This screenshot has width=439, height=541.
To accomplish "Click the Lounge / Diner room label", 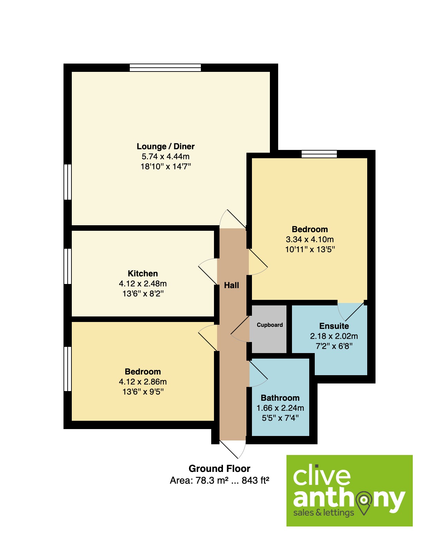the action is pos(165,146).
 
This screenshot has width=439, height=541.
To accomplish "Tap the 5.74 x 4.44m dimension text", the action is pos(165,156).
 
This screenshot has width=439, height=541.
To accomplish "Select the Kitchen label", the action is pos(143,273).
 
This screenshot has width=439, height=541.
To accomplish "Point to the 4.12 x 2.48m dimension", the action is pos(143,283).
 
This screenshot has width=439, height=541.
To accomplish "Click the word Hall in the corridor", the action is pos(232,285).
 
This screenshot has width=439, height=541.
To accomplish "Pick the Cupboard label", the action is pos(270,325).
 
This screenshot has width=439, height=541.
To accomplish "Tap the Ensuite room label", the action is pos(334,326).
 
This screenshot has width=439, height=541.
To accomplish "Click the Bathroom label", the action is pos(280,398).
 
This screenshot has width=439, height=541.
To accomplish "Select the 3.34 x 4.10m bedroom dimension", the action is pos(310,239).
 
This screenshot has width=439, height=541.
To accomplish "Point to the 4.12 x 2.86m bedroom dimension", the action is pos(143,382).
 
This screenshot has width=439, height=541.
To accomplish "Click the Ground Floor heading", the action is pos(219,468).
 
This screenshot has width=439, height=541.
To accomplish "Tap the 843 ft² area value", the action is pos(255,480).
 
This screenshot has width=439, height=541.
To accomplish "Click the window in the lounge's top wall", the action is pos(165,68).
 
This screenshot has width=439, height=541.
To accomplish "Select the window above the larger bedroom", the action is pos(319,154).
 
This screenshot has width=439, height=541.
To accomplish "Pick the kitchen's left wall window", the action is pos(68,266).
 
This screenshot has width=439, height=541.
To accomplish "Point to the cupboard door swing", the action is pos(240,329).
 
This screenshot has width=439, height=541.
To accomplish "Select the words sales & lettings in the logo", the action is pos(323,513).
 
